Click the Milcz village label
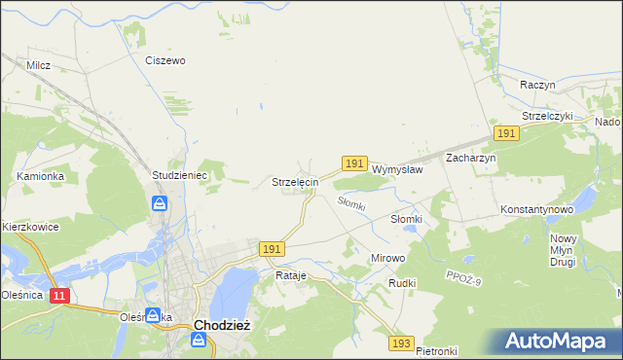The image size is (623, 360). tap(39, 65)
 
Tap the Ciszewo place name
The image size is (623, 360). tap(165, 60)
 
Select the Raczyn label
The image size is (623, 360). tap(537, 85)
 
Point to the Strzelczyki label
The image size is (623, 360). tap(548, 116)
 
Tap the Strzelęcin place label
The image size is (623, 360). tap(294, 182)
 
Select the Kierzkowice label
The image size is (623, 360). tap(30, 227)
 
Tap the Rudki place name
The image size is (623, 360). tap(402, 283)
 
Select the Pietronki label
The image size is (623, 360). tap(435, 350)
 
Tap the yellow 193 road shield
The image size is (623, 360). tap(401, 343)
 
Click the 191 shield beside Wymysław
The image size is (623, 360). tap(354, 164)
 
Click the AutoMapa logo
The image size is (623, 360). tap(558, 342)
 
